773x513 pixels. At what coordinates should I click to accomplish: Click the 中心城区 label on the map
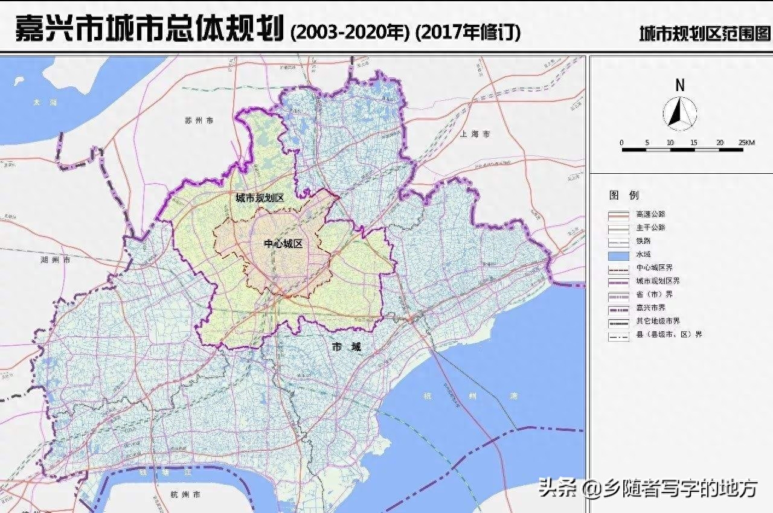click(x=283, y=244)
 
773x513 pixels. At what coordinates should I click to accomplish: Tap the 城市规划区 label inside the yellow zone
click(x=259, y=198)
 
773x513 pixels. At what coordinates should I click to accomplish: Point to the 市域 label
click(x=347, y=346)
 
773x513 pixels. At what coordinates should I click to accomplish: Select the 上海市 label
click(x=474, y=134)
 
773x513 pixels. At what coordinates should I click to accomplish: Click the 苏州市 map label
click(x=199, y=121)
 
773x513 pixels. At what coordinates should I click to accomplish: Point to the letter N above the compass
click(x=680, y=86)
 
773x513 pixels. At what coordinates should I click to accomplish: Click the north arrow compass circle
click(x=680, y=113)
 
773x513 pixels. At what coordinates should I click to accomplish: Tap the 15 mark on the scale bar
click(x=693, y=142)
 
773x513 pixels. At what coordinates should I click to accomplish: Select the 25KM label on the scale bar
click(x=746, y=142)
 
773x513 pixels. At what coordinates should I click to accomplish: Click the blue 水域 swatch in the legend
click(x=618, y=255)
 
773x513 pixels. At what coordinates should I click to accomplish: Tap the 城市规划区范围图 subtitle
click(x=705, y=34)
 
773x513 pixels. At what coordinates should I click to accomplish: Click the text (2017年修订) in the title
click(x=468, y=31)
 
